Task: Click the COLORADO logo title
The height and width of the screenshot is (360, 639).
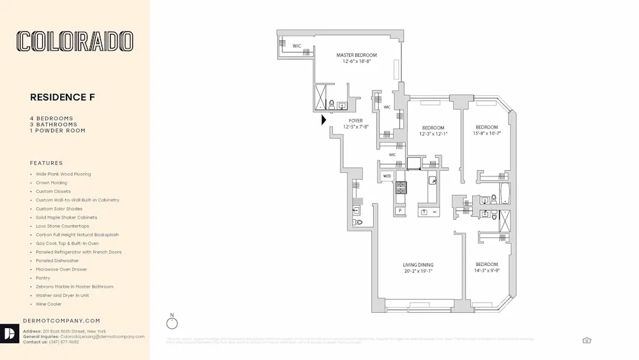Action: coord(75,42)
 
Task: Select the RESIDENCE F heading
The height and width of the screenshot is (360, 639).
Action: coord(63,97)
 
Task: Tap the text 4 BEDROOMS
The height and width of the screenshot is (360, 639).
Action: coord(52,118)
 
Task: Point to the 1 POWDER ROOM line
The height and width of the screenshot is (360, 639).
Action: coord(58,130)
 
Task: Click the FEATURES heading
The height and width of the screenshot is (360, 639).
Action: coord(47,163)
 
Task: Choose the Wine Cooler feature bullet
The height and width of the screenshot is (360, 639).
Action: coord(49,304)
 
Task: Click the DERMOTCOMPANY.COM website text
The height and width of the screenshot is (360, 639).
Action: coord(61,320)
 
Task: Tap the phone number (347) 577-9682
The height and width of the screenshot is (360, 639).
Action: coord(61,342)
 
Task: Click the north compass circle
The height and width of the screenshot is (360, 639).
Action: coord(171,324)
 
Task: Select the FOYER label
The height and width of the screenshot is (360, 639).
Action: coord(356,120)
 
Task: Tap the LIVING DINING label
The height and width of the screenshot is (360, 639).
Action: coord(418,265)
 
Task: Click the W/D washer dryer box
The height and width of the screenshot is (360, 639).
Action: coord(387,176)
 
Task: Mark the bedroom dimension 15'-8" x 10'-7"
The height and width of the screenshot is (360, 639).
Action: coord(487,134)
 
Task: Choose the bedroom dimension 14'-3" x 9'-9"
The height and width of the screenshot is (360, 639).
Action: coord(486,271)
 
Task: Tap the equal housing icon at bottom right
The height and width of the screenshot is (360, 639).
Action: coord(587,340)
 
